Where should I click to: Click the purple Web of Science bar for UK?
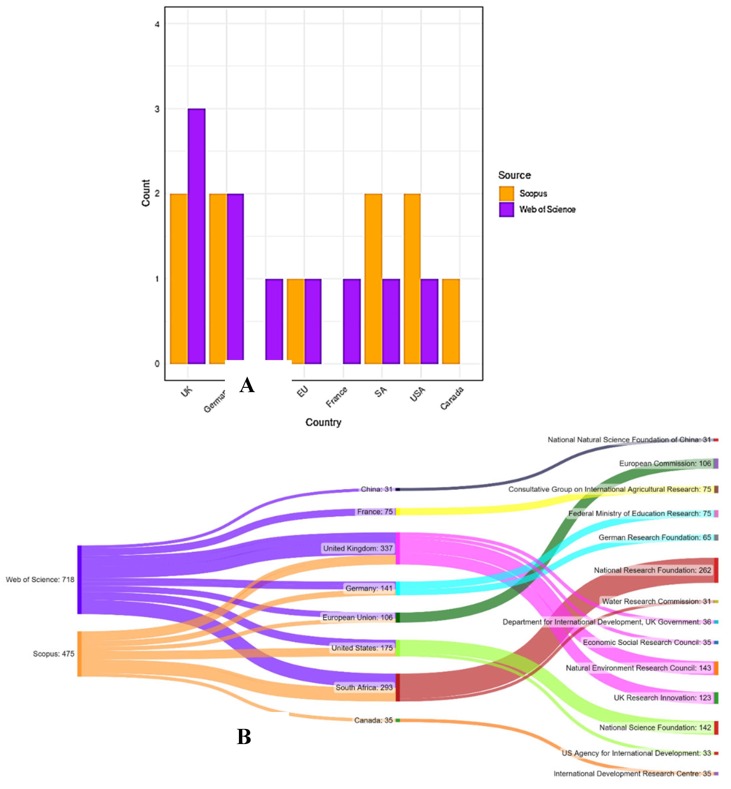[x=197, y=236]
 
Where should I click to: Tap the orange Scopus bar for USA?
[x=412, y=279]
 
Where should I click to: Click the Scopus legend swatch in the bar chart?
[x=506, y=193]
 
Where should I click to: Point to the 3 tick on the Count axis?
[x=157, y=109]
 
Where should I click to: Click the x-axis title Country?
[x=323, y=422]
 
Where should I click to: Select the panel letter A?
[x=247, y=385]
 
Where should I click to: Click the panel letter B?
[x=244, y=737]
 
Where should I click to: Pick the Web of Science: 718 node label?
[x=40, y=579]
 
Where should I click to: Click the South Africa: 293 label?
[x=364, y=687]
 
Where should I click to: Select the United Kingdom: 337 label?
[x=358, y=548]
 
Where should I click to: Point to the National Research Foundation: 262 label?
[x=652, y=570]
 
